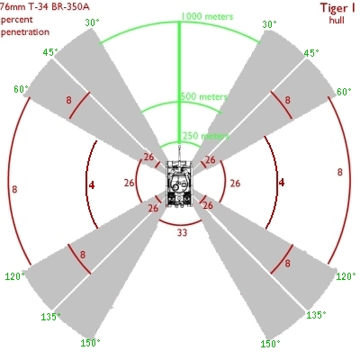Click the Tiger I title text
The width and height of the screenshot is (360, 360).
(337, 8)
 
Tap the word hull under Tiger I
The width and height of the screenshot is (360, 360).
(337, 20)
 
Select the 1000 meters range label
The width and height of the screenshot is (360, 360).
(207, 16)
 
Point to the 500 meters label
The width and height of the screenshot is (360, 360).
(204, 96)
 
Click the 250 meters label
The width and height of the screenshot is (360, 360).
(206, 136)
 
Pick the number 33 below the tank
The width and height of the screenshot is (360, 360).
(182, 232)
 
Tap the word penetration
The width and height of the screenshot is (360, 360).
(25, 32)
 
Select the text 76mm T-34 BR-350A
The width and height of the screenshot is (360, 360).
(45, 6)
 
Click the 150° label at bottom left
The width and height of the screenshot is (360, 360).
(90, 343)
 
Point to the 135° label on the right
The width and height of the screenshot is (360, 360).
(316, 315)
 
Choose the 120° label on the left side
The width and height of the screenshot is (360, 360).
(14, 276)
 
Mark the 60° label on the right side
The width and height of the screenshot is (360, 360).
(344, 92)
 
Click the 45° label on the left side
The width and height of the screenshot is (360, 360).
(50, 52)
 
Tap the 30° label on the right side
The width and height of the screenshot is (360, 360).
(269, 24)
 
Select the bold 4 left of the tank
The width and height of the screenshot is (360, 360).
(92, 185)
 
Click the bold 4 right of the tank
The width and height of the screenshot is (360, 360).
(282, 183)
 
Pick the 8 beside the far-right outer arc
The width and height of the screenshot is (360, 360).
(339, 172)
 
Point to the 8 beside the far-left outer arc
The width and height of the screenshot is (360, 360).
(14, 189)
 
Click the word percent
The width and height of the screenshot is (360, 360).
(17, 20)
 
